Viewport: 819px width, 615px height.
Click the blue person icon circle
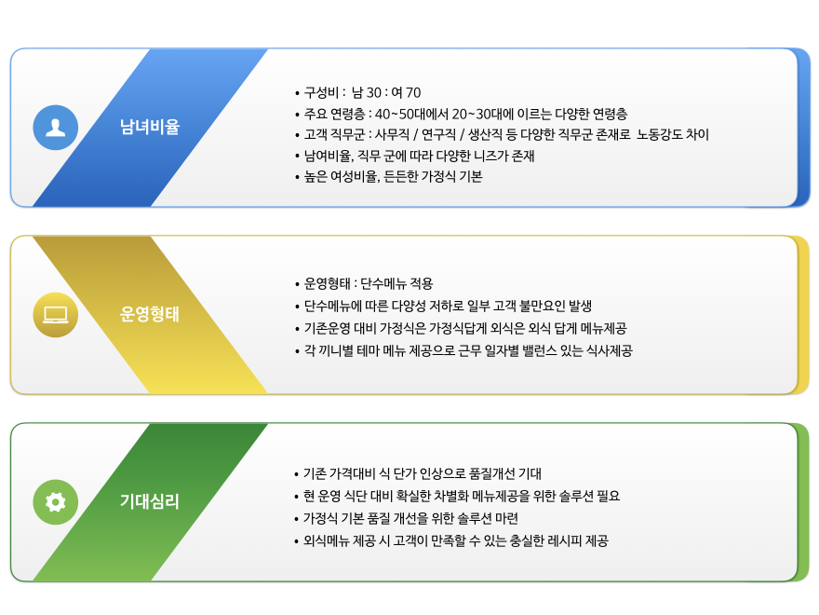pos(55,128)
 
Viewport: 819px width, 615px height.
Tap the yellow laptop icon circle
pos(55,315)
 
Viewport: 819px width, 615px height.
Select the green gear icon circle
pos(55,502)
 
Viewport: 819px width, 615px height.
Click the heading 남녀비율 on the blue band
pos(150,127)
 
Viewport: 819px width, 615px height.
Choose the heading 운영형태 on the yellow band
pos(150,314)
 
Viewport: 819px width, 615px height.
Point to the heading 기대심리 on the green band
pos(150,501)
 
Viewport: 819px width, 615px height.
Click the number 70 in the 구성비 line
pos(413,93)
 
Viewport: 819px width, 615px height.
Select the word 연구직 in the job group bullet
pos(438,135)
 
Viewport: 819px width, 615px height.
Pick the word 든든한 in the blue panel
pos(400,177)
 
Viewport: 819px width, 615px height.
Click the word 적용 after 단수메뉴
pos(422,284)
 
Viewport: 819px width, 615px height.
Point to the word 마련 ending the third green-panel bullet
pos(506,518)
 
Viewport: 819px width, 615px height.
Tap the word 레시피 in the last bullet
pos(564,540)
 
